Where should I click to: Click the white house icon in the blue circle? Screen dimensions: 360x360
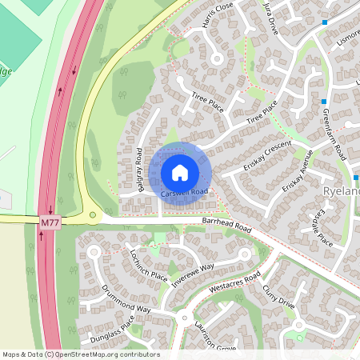pyautogui.click(x=180, y=172)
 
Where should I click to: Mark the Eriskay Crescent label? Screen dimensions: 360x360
pyautogui.click(x=266, y=158)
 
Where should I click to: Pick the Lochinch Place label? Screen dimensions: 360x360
pyautogui.click(x=148, y=266)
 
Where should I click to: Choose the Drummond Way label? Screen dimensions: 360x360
pyautogui.click(x=126, y=298)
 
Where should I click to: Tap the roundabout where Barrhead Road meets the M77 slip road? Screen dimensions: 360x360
pyautogui.click(x=94, y=215)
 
